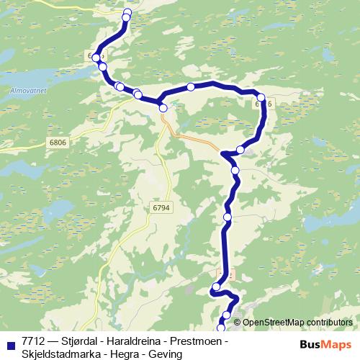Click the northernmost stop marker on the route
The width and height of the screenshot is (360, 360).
[128, 12]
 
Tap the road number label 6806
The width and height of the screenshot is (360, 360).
[58, 143]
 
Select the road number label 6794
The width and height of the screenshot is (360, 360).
[162, 207]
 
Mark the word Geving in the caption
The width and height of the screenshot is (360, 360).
[163, 353]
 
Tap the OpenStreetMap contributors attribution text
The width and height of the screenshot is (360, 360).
[297, 323]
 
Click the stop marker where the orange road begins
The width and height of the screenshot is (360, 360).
[163, 108]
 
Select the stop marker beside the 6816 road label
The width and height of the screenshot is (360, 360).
[261, 97]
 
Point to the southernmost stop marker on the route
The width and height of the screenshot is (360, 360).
[221, 328]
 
